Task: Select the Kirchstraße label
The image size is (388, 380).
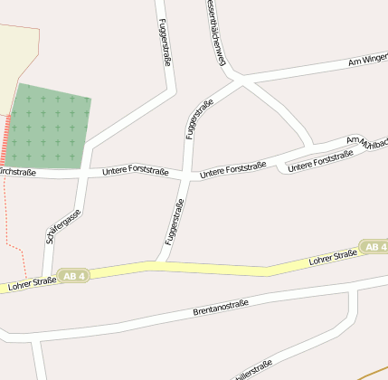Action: (16, 172)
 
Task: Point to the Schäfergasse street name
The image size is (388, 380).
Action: (62, 226)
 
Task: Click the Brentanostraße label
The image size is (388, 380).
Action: (221, 308)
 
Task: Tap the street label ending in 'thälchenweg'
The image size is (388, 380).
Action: (215, 34)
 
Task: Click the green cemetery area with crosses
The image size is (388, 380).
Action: (49, 127)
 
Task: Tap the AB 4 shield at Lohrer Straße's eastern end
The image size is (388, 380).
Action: (374, 246)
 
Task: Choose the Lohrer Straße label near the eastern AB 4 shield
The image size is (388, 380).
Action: (332, 259)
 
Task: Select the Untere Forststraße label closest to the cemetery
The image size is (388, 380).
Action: (136, 169)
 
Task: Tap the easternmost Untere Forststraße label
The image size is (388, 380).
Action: (319, 160)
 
